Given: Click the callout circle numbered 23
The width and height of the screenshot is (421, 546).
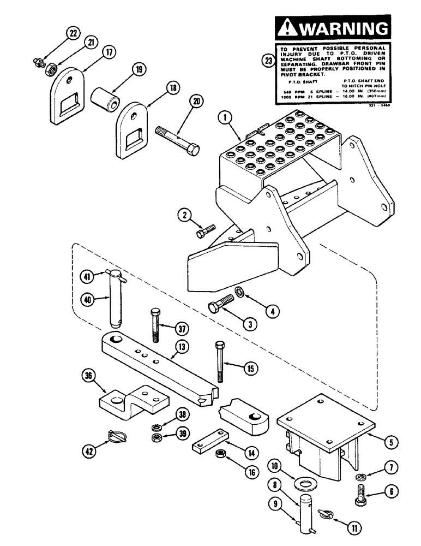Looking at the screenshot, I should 268,61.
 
